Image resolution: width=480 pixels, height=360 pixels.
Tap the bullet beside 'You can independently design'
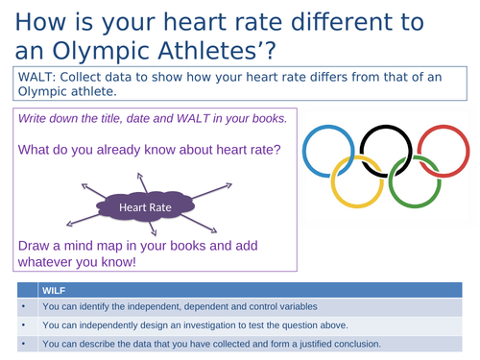pyautogui.click(x=20, y=326)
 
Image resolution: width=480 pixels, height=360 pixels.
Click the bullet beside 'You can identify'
pyautogui.click(x=20, y=307)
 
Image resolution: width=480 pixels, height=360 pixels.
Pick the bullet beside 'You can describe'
pyautogui.click(x=20, y=345)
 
